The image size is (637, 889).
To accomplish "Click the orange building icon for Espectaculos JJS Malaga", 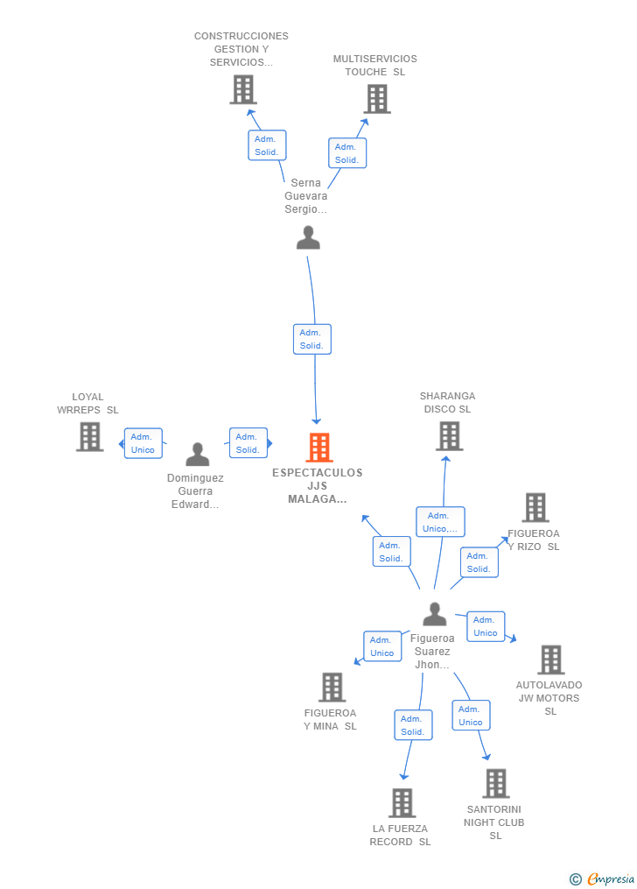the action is tap(319, 448).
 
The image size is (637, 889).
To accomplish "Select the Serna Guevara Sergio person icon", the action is tap(309, 237).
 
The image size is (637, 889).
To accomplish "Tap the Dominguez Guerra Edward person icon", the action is tap(198, 455).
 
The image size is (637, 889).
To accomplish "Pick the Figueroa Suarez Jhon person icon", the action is tap(435, 614).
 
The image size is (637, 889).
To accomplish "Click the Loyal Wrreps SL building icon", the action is tap(90, 437).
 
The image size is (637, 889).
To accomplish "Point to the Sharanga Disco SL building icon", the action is tap(450, 436).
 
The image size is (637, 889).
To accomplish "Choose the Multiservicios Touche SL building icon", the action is tap(377, 99).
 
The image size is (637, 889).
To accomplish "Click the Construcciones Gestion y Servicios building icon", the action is tap(243, 89).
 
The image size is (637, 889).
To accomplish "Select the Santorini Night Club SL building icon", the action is tap(496, 783).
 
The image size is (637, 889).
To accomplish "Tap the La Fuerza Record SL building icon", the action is tap(402, 803).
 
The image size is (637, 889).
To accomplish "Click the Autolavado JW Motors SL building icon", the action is tap(551, 660).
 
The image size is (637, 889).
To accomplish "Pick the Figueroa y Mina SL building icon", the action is tap(332, 688).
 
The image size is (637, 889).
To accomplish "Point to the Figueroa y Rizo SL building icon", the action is tap(535, 507).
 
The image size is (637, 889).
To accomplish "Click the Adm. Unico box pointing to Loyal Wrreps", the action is tap(143, 443).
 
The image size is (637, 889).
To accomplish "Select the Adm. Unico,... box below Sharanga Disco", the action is tap(440, 522).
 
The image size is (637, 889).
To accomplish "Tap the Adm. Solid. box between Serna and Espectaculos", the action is tap(312, 339).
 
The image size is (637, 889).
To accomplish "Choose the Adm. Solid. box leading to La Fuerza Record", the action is tap(413, 725).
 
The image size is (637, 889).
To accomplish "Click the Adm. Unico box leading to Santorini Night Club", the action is tap(471, 716).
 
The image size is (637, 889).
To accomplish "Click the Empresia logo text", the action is tap(611, 878).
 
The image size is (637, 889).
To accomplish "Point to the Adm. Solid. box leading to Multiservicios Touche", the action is tap(347, 153).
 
